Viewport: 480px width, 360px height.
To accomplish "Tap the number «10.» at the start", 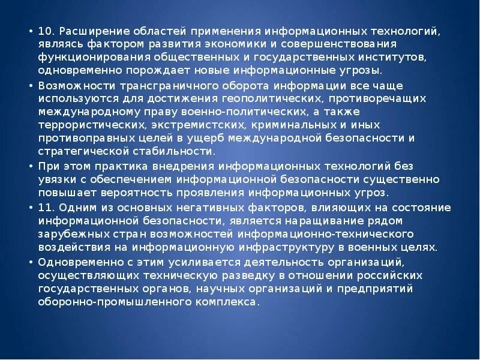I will [x=48, y=32].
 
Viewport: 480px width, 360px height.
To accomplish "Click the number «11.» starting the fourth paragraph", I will [x=47, y=208].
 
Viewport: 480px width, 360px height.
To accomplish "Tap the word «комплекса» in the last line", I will [x=232, y=302].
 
